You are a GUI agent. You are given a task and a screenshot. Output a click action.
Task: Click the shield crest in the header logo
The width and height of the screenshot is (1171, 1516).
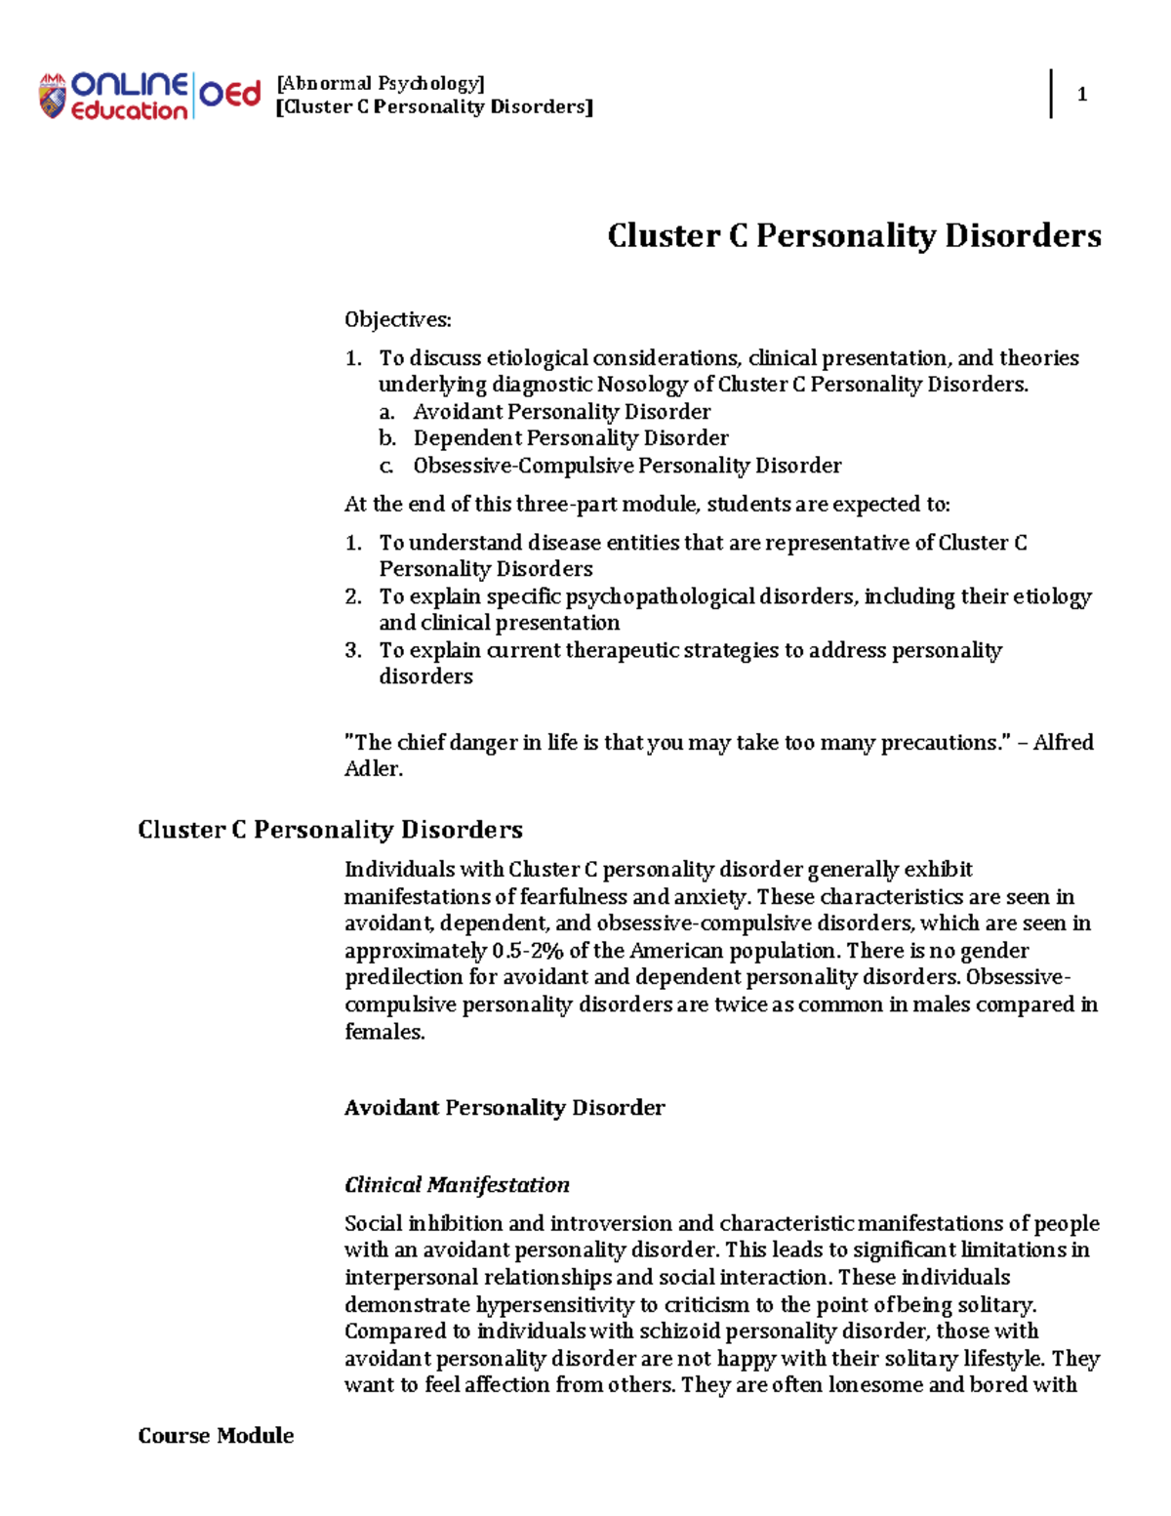click(x=52, y=97)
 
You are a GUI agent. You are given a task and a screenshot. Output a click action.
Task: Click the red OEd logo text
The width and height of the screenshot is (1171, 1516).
click(x=230, y=95)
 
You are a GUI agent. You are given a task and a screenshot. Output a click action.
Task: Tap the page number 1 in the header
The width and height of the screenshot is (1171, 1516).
click(x=1081, y=95)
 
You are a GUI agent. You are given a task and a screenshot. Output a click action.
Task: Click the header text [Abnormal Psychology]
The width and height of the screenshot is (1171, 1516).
click(x=381, y=83)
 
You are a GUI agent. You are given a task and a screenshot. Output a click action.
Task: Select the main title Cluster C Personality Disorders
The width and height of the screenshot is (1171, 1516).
click(x=854, y=235)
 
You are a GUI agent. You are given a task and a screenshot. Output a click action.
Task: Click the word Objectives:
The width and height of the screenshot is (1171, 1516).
click(x=397, y=320)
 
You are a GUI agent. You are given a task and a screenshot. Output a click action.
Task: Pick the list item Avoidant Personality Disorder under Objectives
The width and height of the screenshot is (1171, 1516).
click(x=561, y=412)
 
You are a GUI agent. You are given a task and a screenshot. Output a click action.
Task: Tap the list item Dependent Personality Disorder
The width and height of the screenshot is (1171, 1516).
click(x=570, y=438)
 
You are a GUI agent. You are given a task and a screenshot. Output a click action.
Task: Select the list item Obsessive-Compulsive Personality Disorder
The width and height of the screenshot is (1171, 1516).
click(x=626, y=466)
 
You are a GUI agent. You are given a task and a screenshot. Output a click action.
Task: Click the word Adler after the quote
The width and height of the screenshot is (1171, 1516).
click(x=372, y=769)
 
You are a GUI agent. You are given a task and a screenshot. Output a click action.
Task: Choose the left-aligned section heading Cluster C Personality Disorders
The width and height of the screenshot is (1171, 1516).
click(x=330, y=830)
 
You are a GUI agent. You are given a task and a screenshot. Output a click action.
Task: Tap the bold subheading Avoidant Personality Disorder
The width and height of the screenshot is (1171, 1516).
click(x=505, y=1108)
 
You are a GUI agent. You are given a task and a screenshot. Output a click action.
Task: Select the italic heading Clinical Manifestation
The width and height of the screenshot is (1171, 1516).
click(x=457, y=1185)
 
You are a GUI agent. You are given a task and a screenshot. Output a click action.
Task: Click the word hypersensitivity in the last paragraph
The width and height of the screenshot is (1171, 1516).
click(x=555, y=1305)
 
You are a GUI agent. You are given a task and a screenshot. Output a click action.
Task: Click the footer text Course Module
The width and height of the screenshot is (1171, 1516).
click(x=216, y=1436)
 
